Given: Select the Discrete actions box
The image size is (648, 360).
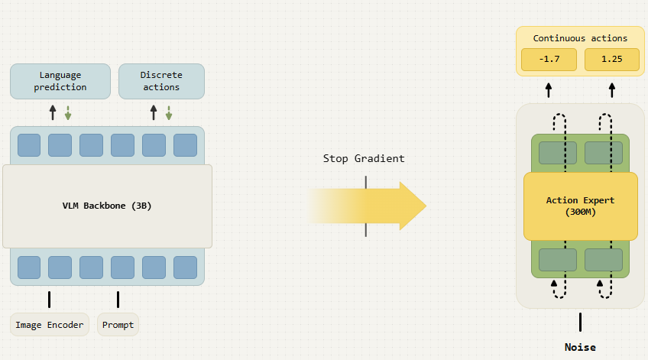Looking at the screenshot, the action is pos(161,81).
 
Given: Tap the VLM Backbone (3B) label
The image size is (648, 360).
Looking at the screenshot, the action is pos(107,206).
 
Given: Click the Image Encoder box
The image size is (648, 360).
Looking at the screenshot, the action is pos(50,325).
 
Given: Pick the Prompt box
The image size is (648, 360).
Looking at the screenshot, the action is pos(118,325).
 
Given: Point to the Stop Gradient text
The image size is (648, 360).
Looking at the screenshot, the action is pos(364,158).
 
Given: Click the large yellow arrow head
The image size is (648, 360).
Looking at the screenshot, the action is pos(411,206).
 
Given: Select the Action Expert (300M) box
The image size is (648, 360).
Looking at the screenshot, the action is pos(580,206).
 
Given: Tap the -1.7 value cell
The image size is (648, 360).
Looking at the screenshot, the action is pos(548,60).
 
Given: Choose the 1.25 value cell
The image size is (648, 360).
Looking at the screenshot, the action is pos(611,60).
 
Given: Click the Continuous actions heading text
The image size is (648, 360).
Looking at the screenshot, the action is pos(580,37).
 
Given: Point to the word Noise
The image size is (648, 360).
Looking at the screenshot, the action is pos(580,347).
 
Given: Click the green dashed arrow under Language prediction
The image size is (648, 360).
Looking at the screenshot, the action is pos(67,112).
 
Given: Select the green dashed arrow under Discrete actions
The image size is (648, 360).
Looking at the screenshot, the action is pos(169,112).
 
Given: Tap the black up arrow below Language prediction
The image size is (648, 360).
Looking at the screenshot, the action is pos(53,112).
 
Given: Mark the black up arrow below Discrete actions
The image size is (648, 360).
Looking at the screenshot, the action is pos(154,112).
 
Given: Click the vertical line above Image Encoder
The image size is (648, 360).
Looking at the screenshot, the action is pos(50,299).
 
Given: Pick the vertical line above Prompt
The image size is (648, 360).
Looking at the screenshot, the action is pos(118,299).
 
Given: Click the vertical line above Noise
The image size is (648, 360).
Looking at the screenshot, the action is pos(580,321).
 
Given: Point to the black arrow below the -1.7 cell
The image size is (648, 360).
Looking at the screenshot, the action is pos(548,89).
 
